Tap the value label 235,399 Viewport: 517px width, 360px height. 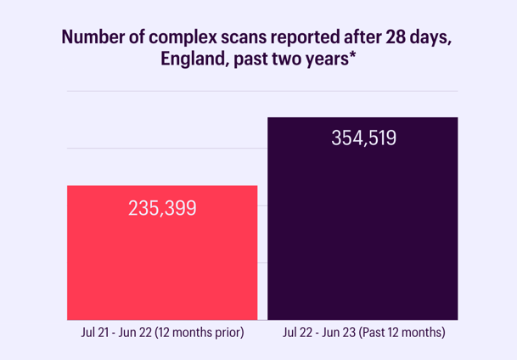[x=161, y=207]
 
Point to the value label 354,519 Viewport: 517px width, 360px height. [x=363, y=138]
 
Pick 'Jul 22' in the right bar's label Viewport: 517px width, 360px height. [x=297, y=333]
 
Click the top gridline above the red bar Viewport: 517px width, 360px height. [x=161, y=91]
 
